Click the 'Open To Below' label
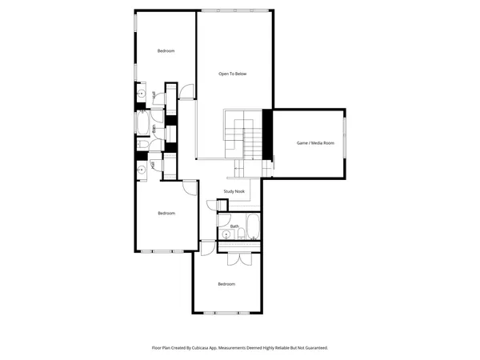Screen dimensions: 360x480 (x=233, y=74)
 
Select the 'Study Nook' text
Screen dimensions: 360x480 (x=234, y=192)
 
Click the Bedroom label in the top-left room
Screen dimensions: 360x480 (x=166, y=51)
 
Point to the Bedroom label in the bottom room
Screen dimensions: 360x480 (x=226, y=284)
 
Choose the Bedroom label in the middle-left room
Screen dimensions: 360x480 (x=166, y=213)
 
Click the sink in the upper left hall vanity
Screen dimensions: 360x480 (x=141, y=94)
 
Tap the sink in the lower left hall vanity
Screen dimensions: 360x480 (x=141, y=169)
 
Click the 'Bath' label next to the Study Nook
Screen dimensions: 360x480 (x=234, y=226)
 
